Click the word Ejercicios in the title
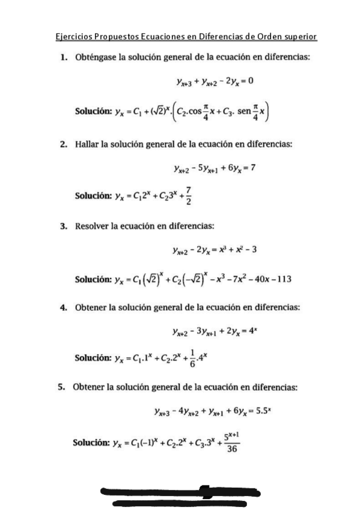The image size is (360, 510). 70,37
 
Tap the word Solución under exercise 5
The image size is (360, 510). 91,443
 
